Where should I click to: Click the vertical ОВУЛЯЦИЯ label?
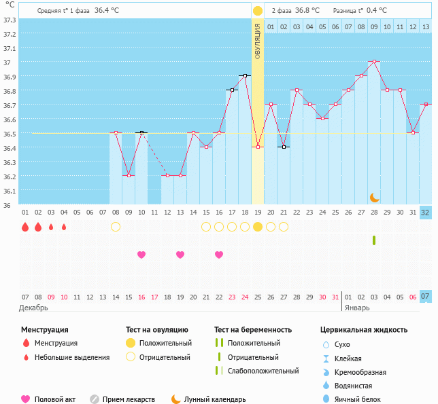(258, 41)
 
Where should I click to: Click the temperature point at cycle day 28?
(374, 61)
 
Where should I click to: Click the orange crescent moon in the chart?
(374, 197)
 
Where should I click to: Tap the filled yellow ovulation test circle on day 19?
(258, 227)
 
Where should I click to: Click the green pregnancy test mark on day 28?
(374, 240)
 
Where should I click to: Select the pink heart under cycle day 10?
(141, 255)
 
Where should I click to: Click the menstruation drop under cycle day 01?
(25, 227)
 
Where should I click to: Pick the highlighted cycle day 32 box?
(426, 213)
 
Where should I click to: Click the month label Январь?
(357, 308)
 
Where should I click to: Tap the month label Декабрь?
(34, 308)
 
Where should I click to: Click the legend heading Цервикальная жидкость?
(364, 329)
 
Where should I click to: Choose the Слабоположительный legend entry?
(263, 371)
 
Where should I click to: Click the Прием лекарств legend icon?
(95, 399)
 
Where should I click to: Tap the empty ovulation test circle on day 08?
(116, 227)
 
